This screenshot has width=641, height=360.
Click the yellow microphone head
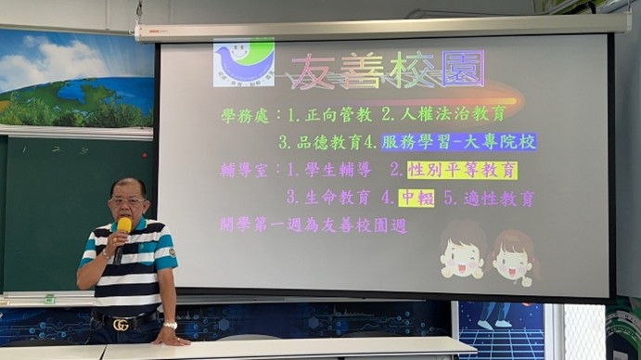(124, 225)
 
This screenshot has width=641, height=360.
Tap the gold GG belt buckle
(120, 325)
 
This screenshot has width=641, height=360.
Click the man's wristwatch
(170, 325)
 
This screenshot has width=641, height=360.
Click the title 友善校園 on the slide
(386, 71)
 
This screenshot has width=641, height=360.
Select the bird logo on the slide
(243, 62)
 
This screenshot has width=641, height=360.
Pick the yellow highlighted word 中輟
(417, 197)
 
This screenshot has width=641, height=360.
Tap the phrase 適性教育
(500, 197)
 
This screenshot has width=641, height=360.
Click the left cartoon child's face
(461, 254)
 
